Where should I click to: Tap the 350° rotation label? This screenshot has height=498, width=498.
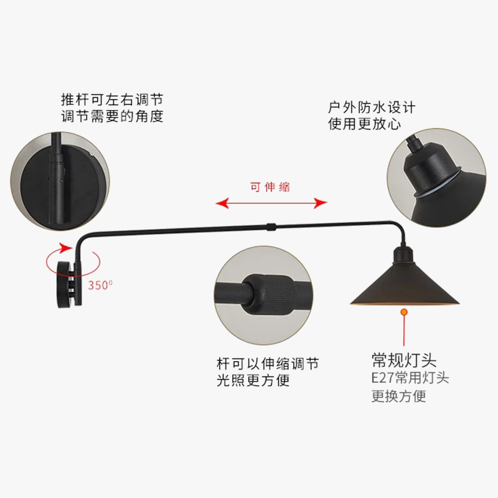tap(100, 286)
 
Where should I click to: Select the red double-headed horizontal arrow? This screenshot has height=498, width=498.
tap(271, 203)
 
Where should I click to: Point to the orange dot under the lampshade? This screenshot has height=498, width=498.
tap(403, 311)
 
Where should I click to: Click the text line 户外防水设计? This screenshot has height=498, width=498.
tap(372, 107)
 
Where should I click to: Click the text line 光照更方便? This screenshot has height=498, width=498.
tap(253, 380)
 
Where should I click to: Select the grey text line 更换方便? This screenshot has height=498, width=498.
tap(399, 396)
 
